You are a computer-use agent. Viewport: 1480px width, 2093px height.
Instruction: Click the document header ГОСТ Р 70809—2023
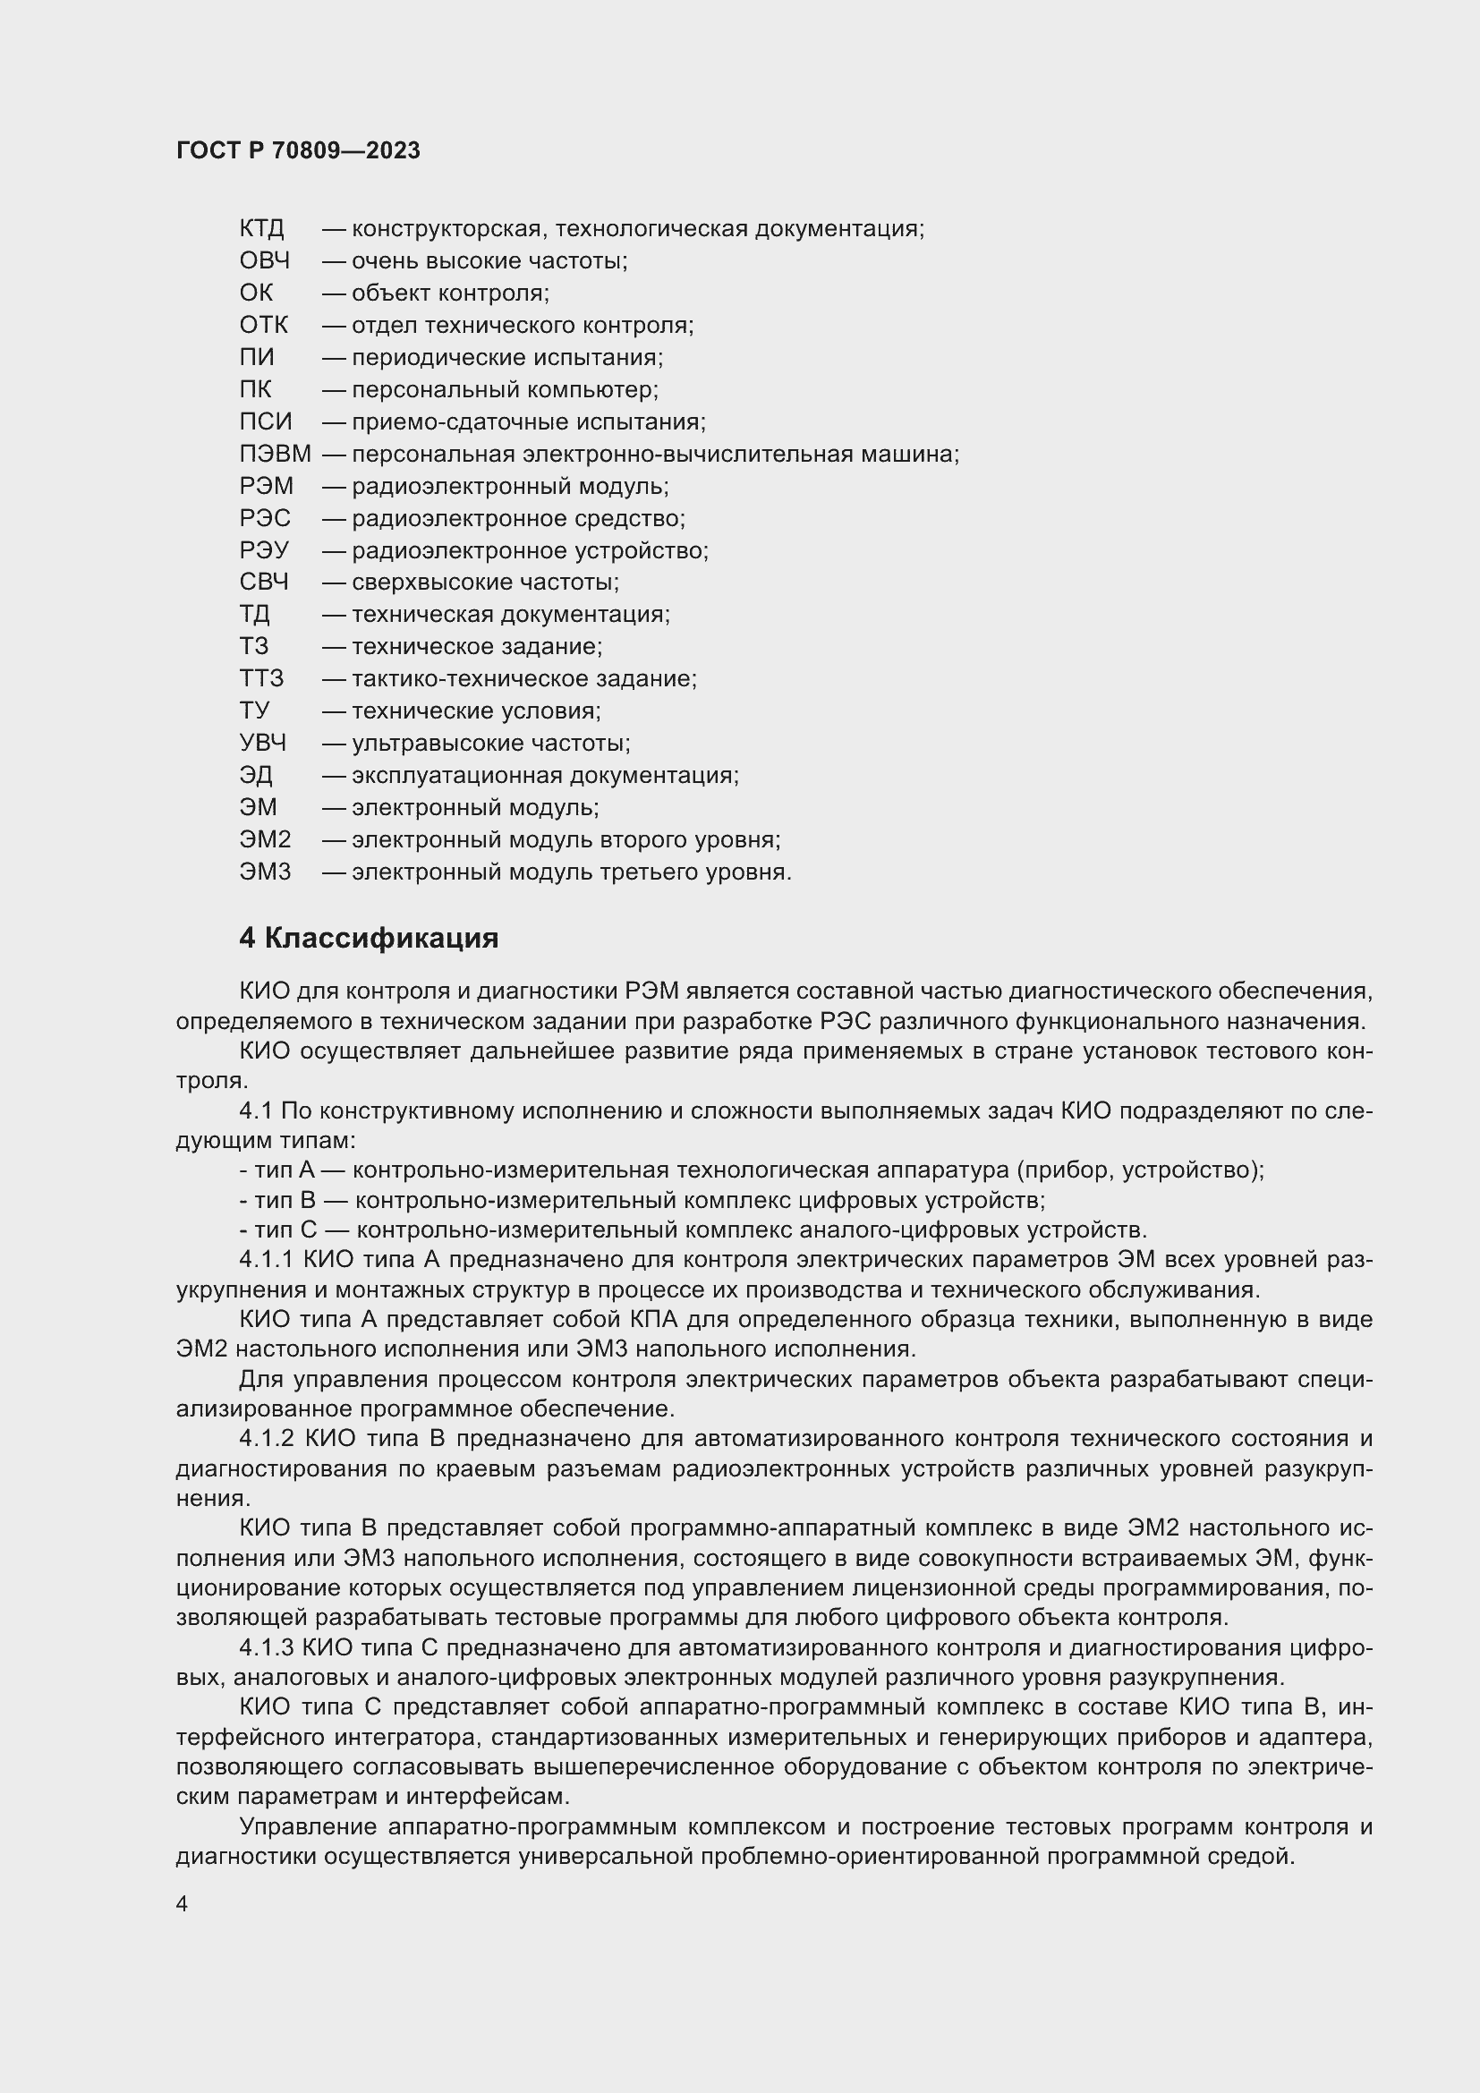[x=298, y=151]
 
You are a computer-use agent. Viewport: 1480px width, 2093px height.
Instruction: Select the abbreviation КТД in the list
[x=261, y=229]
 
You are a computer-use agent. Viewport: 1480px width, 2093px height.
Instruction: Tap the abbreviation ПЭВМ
[x=276, y=454]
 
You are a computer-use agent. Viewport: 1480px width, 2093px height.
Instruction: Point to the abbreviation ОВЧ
[x=264, y=260]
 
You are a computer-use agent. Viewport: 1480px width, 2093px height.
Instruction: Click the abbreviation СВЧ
[x=264, y=583]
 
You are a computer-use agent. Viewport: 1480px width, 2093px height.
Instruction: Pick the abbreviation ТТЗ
[x=261, y=679]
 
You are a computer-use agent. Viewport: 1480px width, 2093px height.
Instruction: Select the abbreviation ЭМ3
[x=265, y=872]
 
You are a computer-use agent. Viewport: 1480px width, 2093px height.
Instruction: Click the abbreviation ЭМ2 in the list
[x=265, y=839]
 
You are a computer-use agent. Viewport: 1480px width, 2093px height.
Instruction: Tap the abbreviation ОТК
[x=263, y=326]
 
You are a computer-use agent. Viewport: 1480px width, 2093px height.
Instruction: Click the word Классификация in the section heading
[x=382, y=939]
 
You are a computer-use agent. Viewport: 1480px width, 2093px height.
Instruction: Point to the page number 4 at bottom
[x=182, y=1904]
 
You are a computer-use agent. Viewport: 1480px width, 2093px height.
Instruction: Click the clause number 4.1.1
[x=266, y=1261]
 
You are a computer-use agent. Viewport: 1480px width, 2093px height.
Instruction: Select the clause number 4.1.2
[x=267, y=1440]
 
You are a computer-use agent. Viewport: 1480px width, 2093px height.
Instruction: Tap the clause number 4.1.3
[x=266, y=1648]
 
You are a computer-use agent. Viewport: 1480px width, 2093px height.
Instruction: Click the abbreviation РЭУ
[x=264, y=550]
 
